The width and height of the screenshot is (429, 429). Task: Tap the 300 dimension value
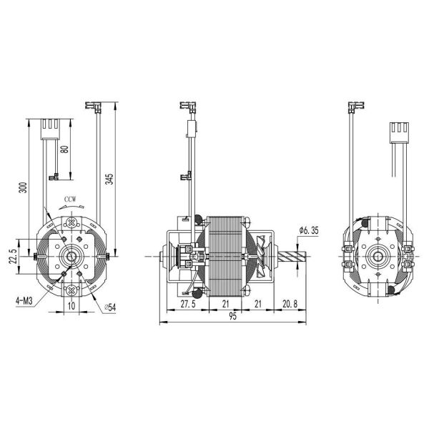coord(24,187)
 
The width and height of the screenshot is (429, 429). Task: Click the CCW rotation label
coord(70,199)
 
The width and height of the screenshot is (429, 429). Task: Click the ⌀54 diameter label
coord(110,307)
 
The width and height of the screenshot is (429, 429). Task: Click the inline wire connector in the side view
coord(191,132)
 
